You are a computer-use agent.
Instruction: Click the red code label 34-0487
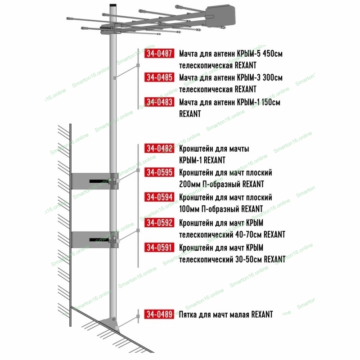pos(159,53)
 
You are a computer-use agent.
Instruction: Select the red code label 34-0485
pos(159,77)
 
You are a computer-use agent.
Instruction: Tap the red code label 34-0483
pos(159,102)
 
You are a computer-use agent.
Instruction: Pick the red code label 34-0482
pos(159,148)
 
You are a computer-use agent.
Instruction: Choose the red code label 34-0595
pos(159,172)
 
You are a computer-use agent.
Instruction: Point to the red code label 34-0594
pos(159,197)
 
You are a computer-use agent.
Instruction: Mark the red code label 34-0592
pos(159,222)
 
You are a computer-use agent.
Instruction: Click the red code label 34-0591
pos(159,247)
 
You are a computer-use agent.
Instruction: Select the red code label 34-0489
pos(159,314)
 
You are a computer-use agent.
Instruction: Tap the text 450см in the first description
pos(273,54)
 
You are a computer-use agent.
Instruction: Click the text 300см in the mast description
pos(273,77)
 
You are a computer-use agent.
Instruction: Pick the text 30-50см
pos(249,259)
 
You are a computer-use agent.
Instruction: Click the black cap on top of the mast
pos(113,5)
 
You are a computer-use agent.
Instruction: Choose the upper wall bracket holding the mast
pos(95,181)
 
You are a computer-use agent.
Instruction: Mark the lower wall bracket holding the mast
pos(95,240)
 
